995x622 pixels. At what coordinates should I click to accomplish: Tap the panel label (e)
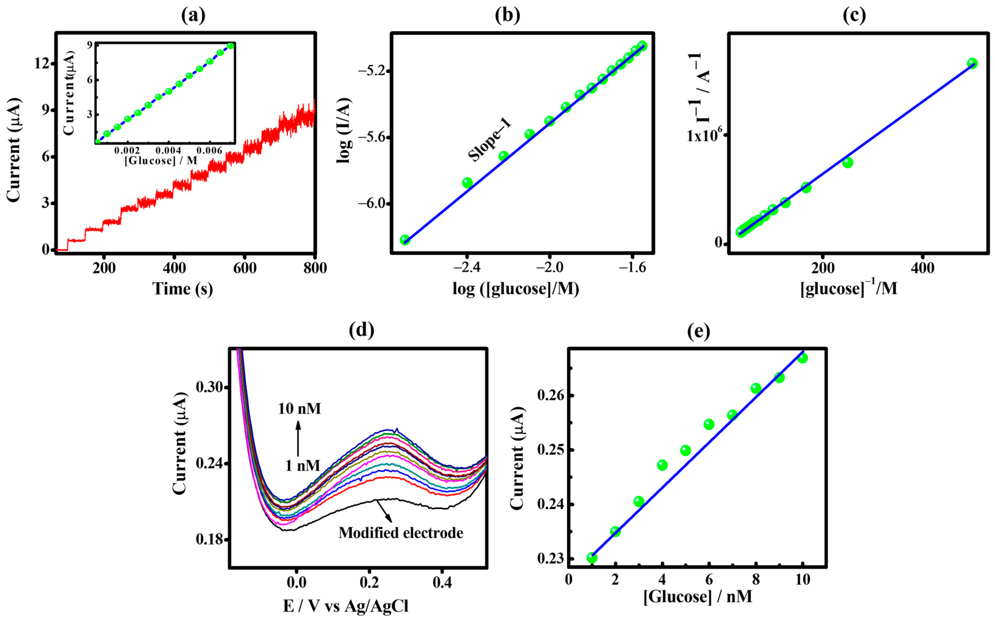pos(699,331)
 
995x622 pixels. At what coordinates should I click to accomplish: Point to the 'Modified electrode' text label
pos(401,532)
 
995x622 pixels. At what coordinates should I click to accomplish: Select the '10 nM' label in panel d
pos(300,409)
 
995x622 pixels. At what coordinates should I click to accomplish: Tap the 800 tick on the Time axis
pos(314,268)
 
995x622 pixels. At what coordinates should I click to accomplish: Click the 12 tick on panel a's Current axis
pos(42,63)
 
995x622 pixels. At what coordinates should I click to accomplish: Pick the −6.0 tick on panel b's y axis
pos(371,204)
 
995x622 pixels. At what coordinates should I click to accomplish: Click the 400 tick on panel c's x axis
pos(922,268)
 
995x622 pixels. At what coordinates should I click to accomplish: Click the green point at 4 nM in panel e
pos(662,465)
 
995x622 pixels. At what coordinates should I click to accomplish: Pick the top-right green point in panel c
pos(972,63)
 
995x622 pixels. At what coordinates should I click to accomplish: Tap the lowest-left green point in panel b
pos(405,240)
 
